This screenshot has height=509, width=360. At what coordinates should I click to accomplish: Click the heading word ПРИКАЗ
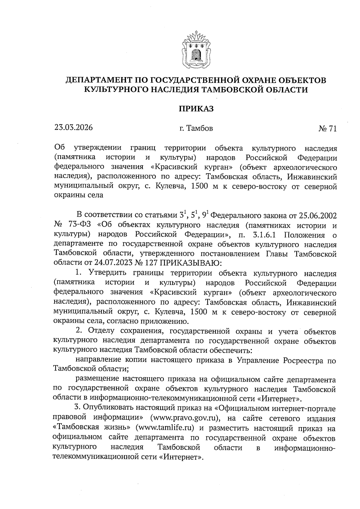pyautogui.click(x=196, y=109)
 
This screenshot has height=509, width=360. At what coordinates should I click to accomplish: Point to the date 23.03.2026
pyautogui.click(x=73, y=127)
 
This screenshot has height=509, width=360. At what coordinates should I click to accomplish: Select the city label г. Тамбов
pyautogui.click(x=196, y=129)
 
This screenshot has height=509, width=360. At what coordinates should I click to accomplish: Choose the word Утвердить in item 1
pyautogui.click(x=105, y=273)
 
